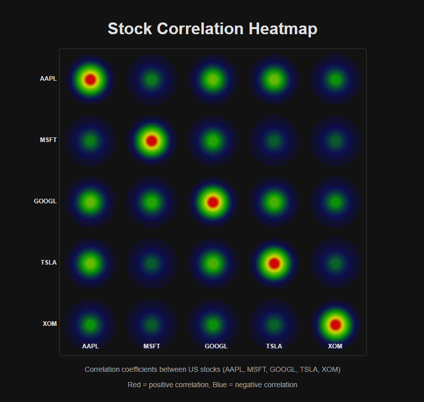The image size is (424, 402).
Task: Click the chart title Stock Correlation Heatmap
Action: [212, 29]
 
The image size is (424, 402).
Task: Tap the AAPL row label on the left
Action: [48, 79]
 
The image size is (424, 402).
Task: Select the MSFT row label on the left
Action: [48, 140]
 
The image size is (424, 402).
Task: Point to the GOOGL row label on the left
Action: [45, 201]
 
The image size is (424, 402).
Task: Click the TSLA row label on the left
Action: [49, 263]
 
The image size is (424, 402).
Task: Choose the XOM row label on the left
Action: [50, 324]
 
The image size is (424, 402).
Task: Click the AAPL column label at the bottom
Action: [90, 346]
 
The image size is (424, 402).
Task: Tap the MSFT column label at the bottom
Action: [152, 346]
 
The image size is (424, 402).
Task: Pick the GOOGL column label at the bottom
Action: [216, 346]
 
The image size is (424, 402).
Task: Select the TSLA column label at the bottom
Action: [274, 346]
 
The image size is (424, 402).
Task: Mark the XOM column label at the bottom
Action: [335, 346]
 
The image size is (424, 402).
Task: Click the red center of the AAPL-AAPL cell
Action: [90, 80]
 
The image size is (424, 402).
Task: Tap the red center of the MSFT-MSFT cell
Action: [152, 141]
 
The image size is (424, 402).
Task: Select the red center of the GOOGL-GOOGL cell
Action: [213, 202]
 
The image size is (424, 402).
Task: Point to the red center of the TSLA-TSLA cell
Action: [274, 264]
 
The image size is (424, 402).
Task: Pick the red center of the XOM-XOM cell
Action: [336, 325]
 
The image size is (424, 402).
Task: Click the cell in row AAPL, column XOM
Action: [336, 80]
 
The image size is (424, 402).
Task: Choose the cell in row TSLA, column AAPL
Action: [90, 264]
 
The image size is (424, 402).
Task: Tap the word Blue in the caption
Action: [222, 385]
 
